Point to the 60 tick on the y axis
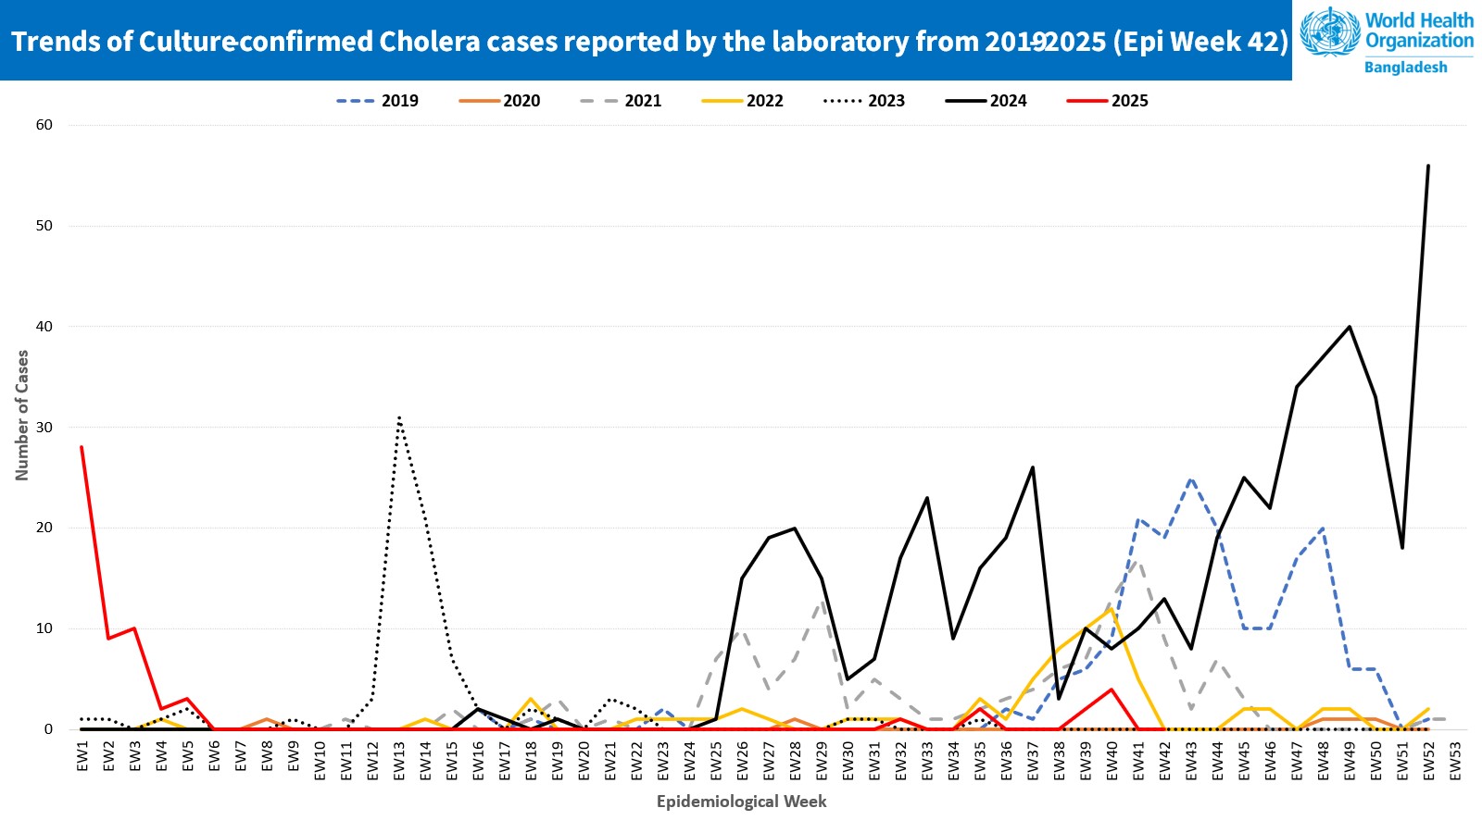click(44, 125)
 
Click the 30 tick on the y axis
click(44, 428)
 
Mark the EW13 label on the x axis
click(399, 761)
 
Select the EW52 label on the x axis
click(1428, 761)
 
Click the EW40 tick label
click(1111, 761)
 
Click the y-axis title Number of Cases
click(22, 416)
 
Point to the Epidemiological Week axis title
click(741, 802)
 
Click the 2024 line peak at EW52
click(1428, 166)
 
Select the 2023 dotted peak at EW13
click(399, 417)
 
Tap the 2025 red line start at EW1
click(82, 447)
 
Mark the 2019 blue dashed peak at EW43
click(1191, 479)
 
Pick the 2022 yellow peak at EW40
click(1111, 609)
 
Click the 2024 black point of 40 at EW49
click(1350, 327)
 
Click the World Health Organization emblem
click(1330, 32)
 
